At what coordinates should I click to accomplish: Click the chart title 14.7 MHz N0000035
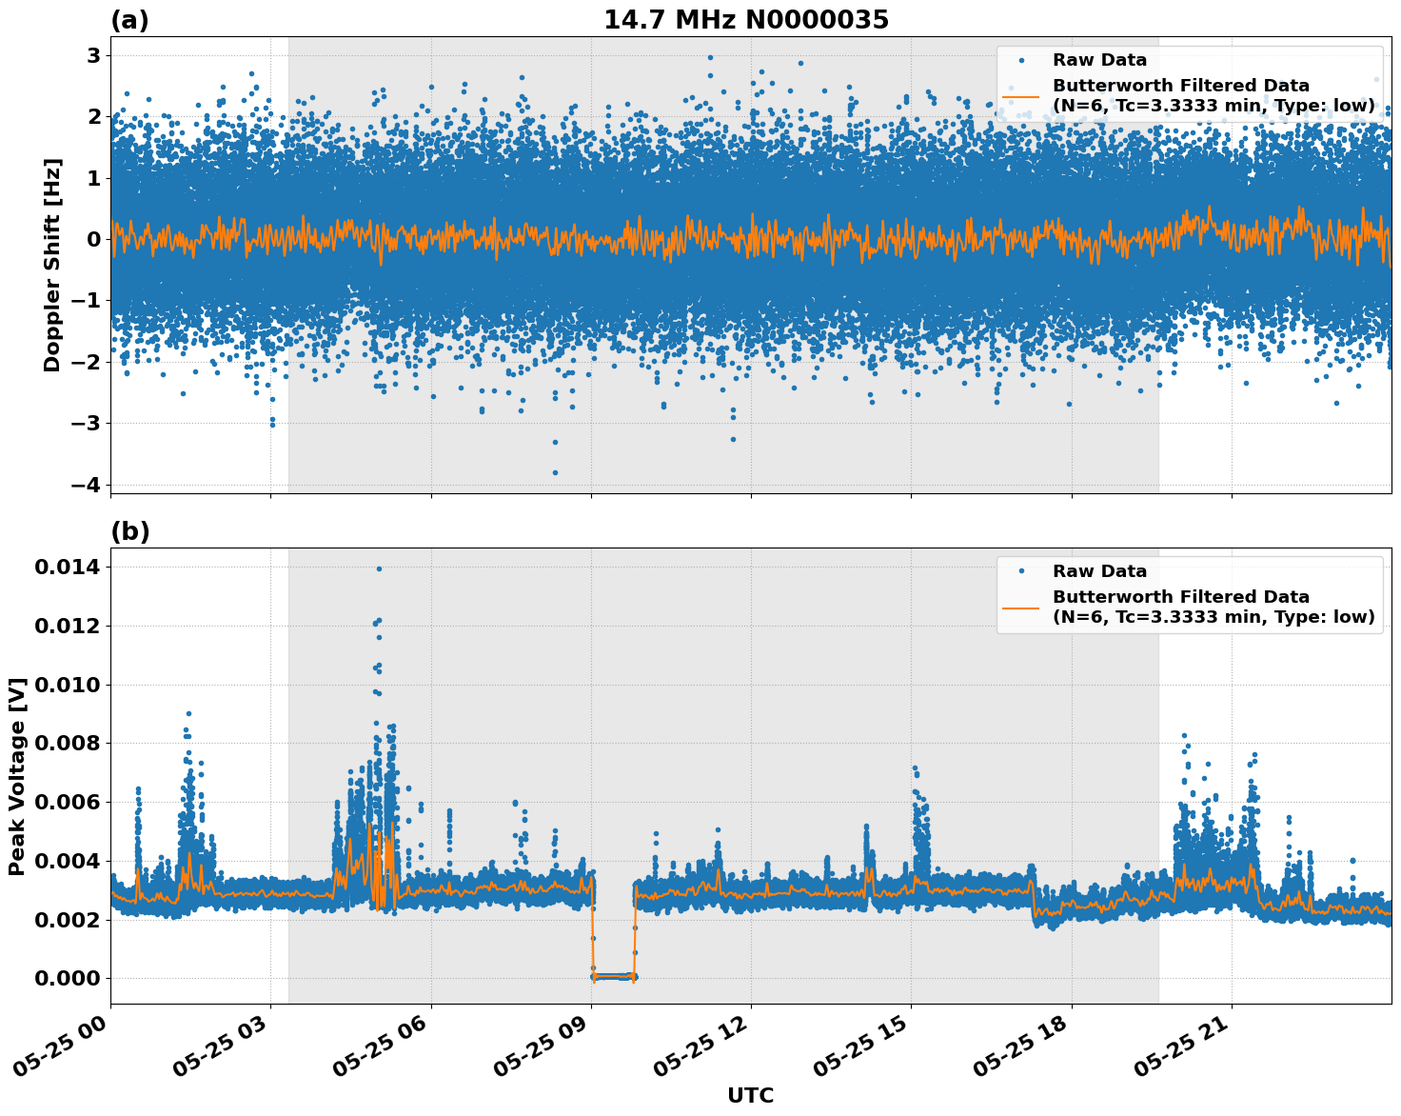746,20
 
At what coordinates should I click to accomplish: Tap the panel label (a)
129,20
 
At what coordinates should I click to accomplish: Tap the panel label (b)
129,531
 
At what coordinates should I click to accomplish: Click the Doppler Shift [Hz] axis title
52,265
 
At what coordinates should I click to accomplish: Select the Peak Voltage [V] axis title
17,776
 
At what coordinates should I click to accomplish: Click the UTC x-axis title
750,1095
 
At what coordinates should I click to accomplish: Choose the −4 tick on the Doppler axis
85,485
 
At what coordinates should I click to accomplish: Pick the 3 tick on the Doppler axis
93,55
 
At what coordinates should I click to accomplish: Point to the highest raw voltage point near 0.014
379,568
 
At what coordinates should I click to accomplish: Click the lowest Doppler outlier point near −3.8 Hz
555,472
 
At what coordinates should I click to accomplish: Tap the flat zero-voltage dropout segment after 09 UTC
613,976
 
